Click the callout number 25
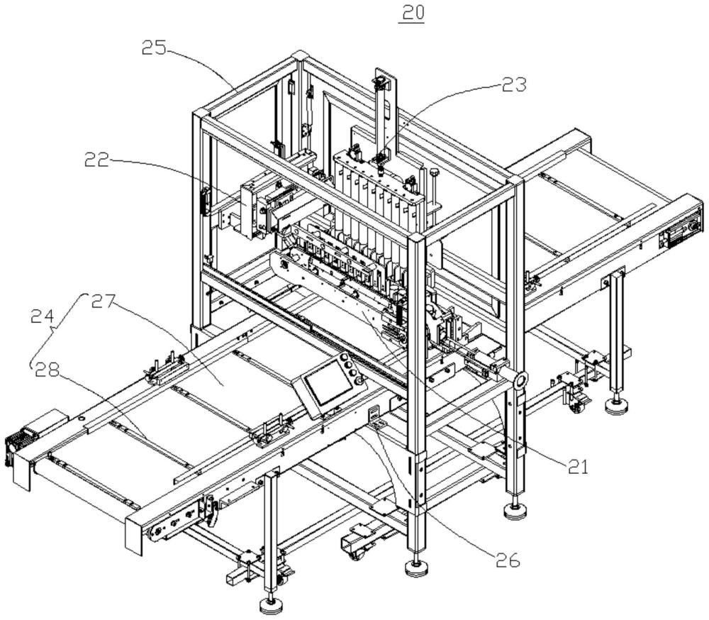coord(154,48)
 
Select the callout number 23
coord(513,84)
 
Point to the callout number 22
coord(96,160)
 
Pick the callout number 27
coord(104,302)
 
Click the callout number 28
coord(48,370)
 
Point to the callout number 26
coord(507,560)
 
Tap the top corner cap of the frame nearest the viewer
coord(416,238)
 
